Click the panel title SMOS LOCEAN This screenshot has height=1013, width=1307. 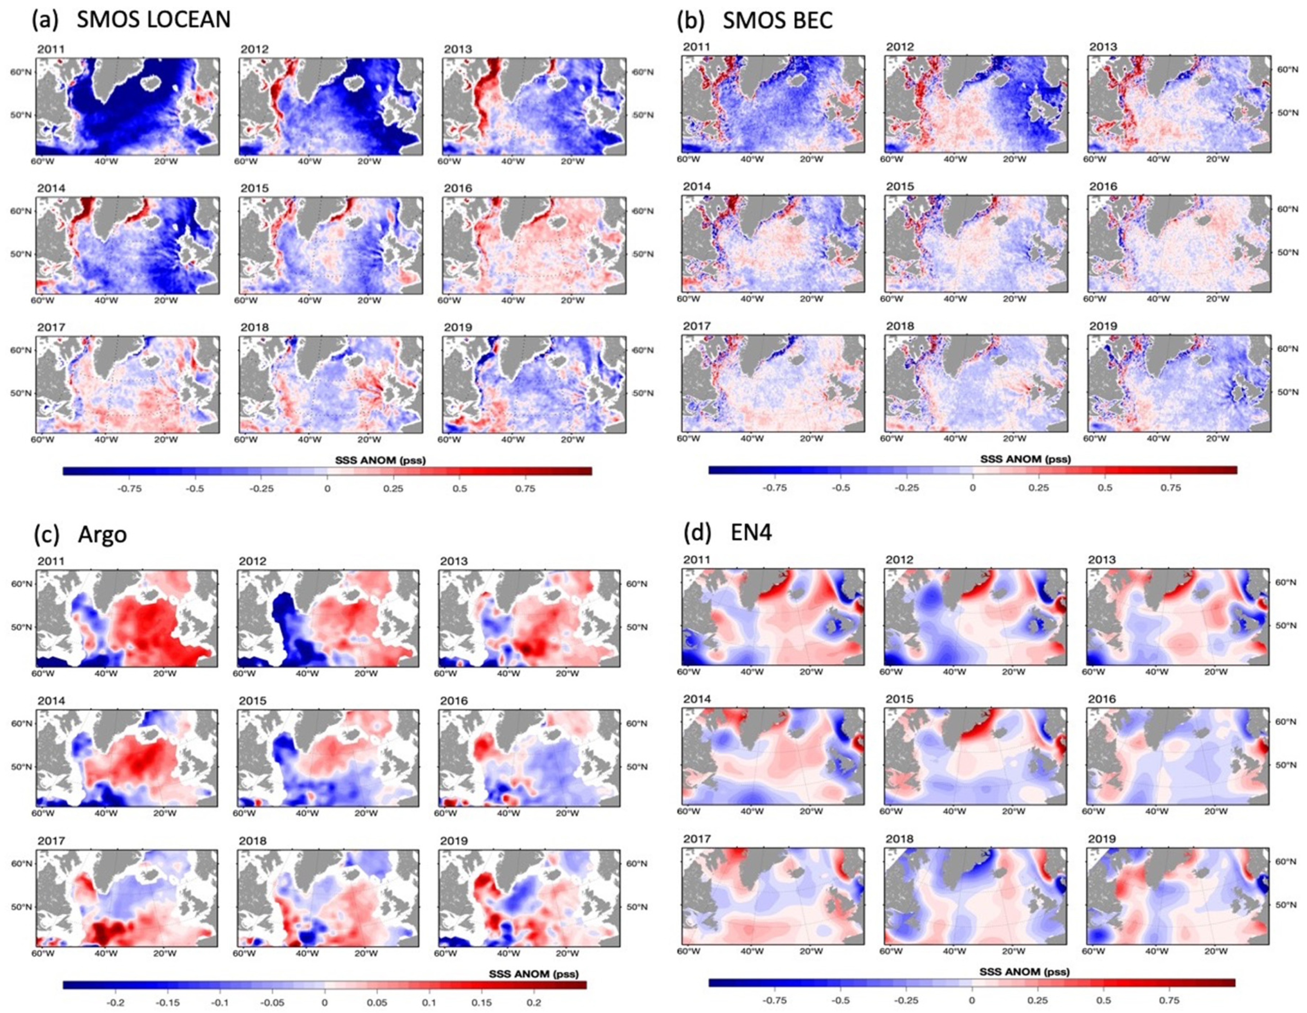(153, 19)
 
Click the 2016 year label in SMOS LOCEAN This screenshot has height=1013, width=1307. (458, 188)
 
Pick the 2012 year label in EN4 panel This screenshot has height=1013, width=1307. (899, 560)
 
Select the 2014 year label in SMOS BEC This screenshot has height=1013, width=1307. (696, 187)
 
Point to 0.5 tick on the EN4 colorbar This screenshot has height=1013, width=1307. (1104, 1000)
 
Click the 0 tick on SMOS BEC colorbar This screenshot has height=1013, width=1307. (972, 488)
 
